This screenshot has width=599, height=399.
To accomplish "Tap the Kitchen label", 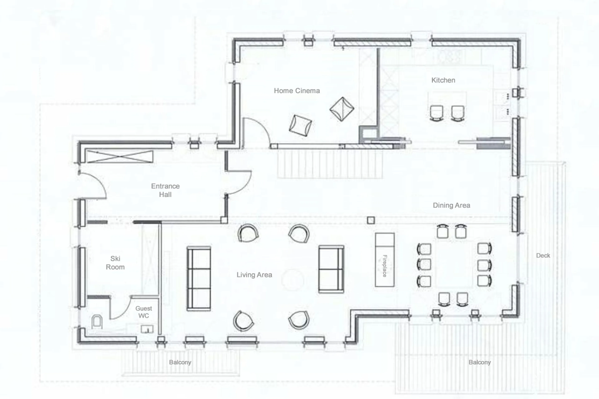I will point(443,80).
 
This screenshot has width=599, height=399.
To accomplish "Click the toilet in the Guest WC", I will point(97,322).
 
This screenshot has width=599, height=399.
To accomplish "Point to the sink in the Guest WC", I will point(147,329).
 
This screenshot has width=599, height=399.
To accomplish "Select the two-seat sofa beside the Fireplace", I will point(331,269).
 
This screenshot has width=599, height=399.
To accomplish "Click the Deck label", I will point(543,256).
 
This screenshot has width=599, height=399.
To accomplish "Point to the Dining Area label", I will point(451,205).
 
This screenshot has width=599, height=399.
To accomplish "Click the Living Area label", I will point(254,275).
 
